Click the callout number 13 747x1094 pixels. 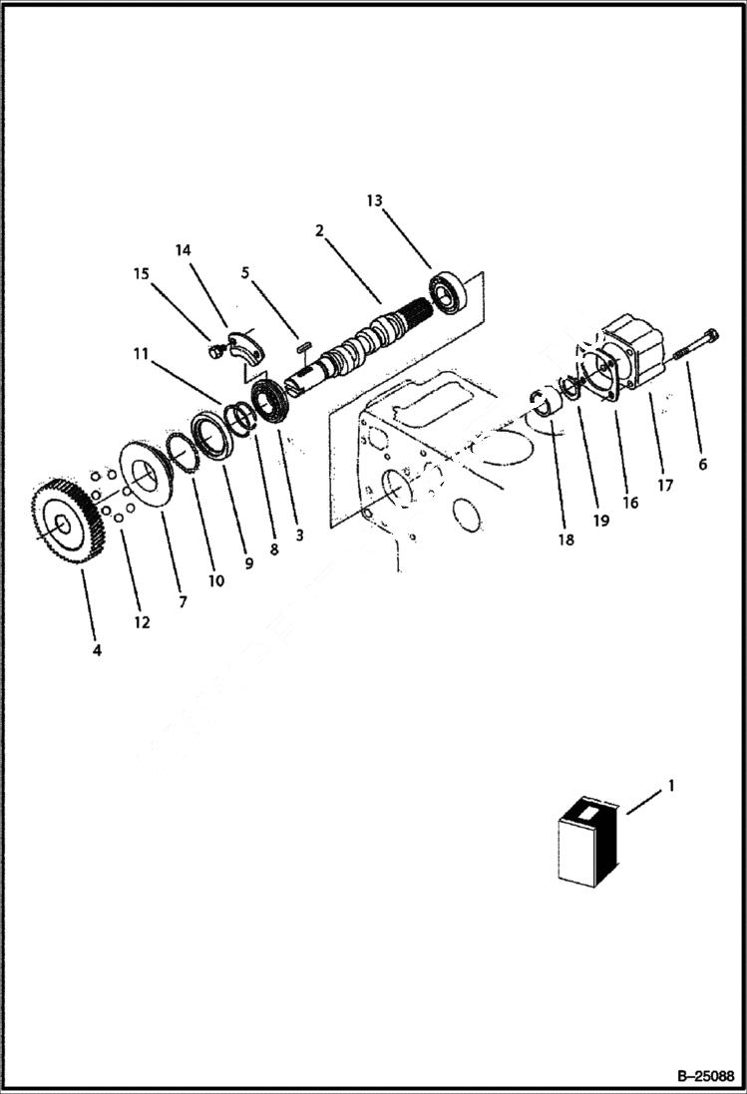point(374,200)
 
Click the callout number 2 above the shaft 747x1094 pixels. point(319,230)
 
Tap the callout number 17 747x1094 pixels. point(665,486)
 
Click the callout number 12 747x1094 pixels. point(142,622)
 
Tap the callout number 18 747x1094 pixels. point(566,540)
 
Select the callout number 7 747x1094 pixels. point(183,602)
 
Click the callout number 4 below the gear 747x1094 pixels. point(97,650)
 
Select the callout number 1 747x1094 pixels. point(671,786)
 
